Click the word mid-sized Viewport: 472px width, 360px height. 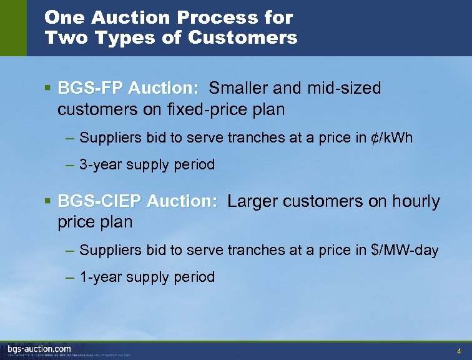pyautogui.click(x=343, y=88)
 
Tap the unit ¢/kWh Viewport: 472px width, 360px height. pyautogui.click(x=390, y=137)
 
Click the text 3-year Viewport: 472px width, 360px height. pyautogui.click(x=101, y=165)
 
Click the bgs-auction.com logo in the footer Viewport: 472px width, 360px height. pyautogui.click(x=39, y=348)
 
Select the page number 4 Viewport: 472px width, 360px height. pyautogui.click(x=459, y=350)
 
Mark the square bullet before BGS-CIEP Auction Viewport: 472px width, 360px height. pyautogui.click(x=48, y=201)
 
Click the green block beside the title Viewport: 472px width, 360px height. pyautogui.click(x=13, y=28)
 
